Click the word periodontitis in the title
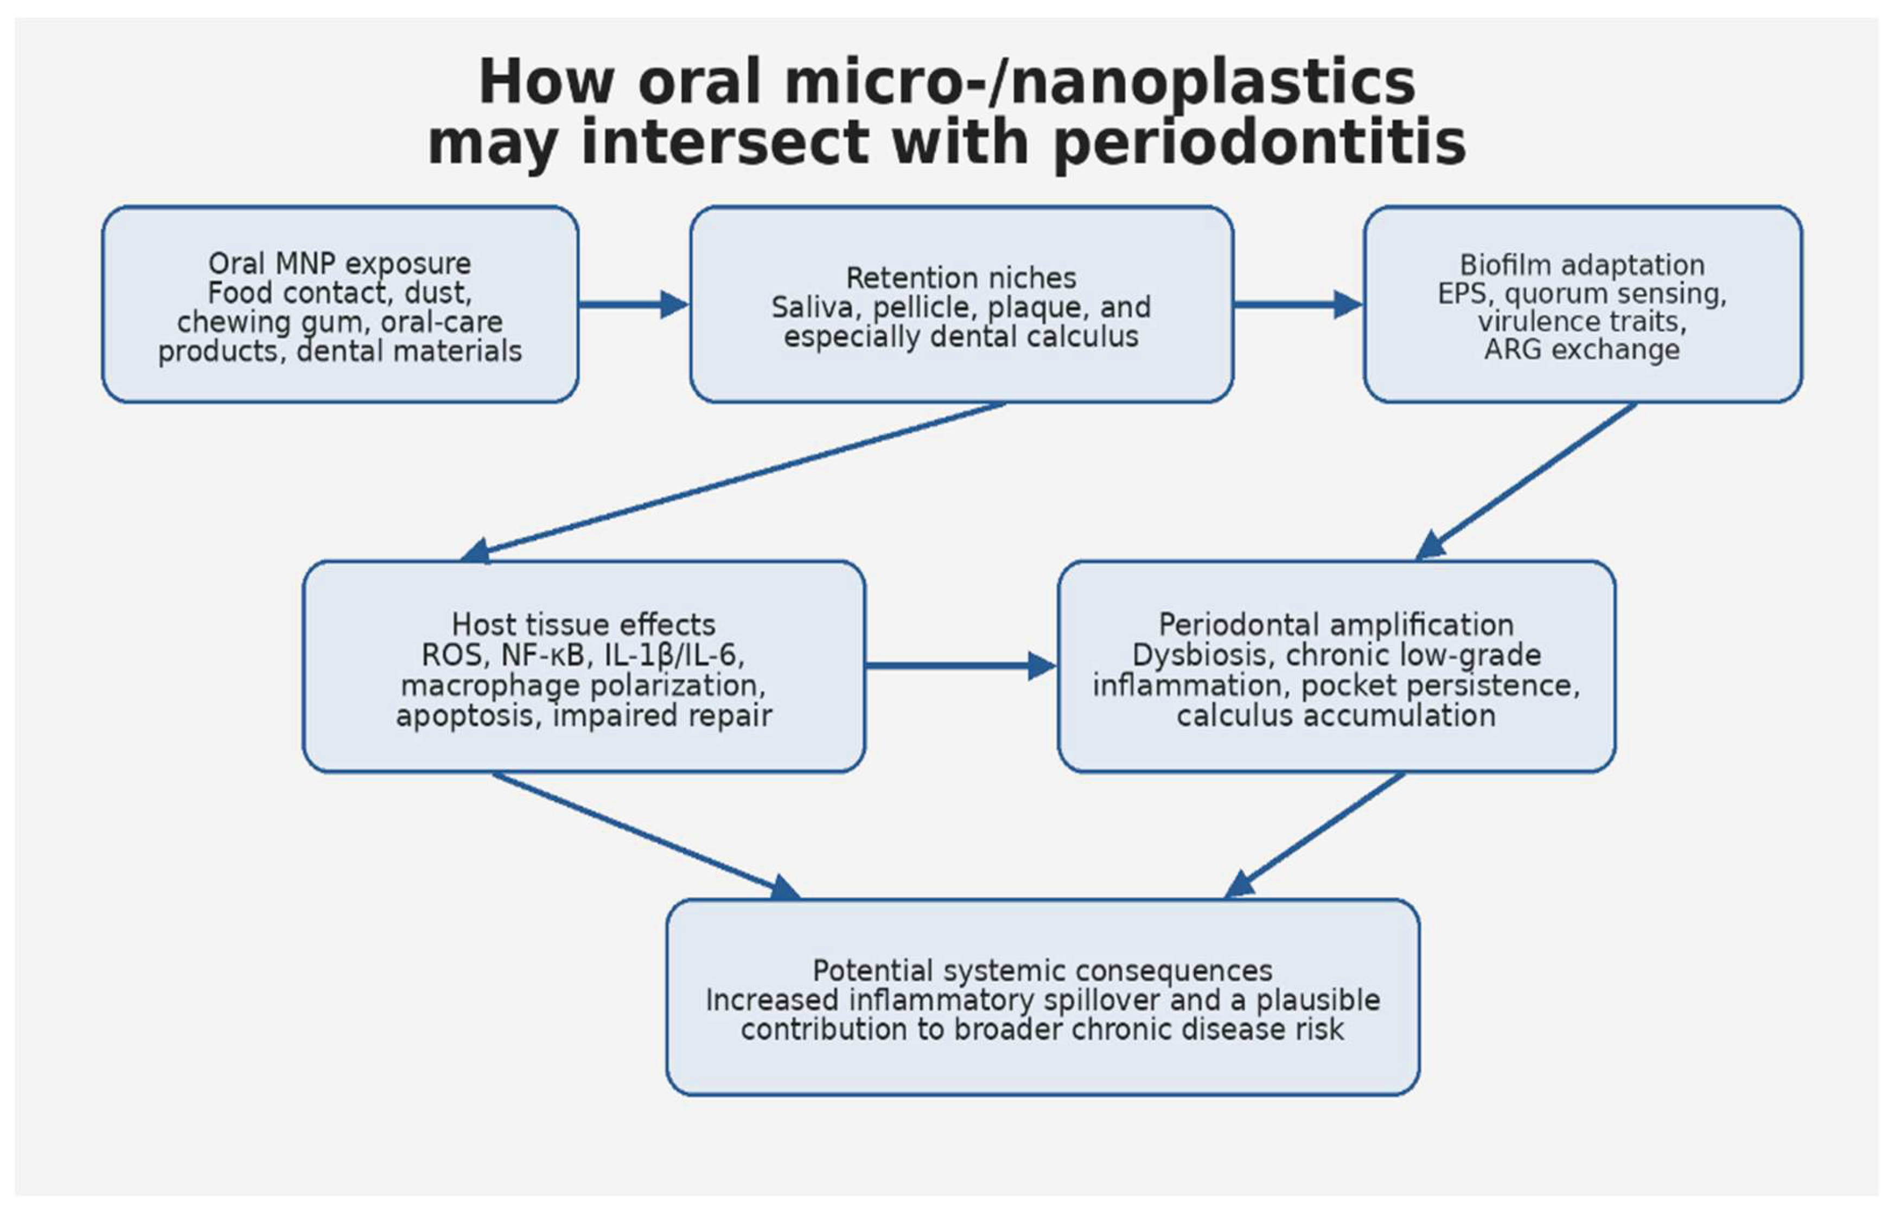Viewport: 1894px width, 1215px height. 1260,144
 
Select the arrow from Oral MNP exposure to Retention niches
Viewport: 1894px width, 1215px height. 633,304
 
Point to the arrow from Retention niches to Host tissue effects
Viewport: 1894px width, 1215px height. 732,482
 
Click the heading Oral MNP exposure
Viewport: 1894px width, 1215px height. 339,263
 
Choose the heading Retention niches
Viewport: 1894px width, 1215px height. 961,278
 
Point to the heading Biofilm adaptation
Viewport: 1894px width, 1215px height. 1582,264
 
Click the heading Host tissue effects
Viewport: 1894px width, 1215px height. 583,625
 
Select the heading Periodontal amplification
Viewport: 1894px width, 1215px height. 1336,625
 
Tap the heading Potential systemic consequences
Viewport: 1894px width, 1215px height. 1043,970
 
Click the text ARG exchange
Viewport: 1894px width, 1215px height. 1582,349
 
